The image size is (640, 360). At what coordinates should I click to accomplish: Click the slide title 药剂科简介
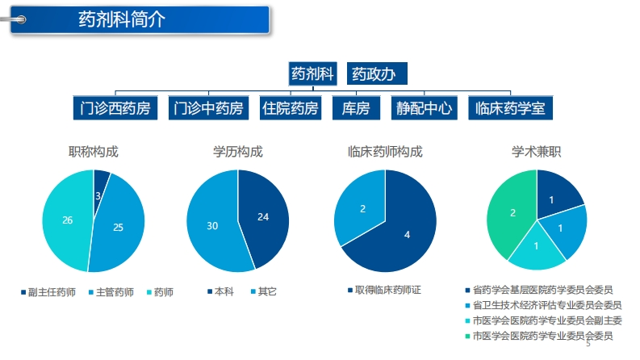(122, 19)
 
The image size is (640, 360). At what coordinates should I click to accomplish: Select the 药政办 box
(377, 73)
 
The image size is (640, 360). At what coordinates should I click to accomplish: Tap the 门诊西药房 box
(115, 108)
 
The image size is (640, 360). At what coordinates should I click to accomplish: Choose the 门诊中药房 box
(208, 108)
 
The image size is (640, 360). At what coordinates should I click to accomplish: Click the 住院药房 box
(291, 108)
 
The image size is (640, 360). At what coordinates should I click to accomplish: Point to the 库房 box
(356, 108)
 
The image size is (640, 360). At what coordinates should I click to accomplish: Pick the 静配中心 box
(424, 108)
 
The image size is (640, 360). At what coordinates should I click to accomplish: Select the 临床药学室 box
(510, 108)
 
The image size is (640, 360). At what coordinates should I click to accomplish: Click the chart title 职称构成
(94, 152)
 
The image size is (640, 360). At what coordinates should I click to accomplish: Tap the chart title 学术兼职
(537, 152)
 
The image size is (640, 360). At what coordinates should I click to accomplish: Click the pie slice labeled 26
(65, 220)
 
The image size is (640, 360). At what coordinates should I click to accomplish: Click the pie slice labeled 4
(404, 232)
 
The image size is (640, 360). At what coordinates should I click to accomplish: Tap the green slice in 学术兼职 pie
(510, 212)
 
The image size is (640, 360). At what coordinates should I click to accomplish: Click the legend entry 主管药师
(111, 292)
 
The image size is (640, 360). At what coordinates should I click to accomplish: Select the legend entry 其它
(264, 291)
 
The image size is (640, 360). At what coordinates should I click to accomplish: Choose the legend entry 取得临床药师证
(384, 291)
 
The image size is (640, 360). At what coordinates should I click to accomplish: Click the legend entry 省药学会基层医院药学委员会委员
(539, 291)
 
